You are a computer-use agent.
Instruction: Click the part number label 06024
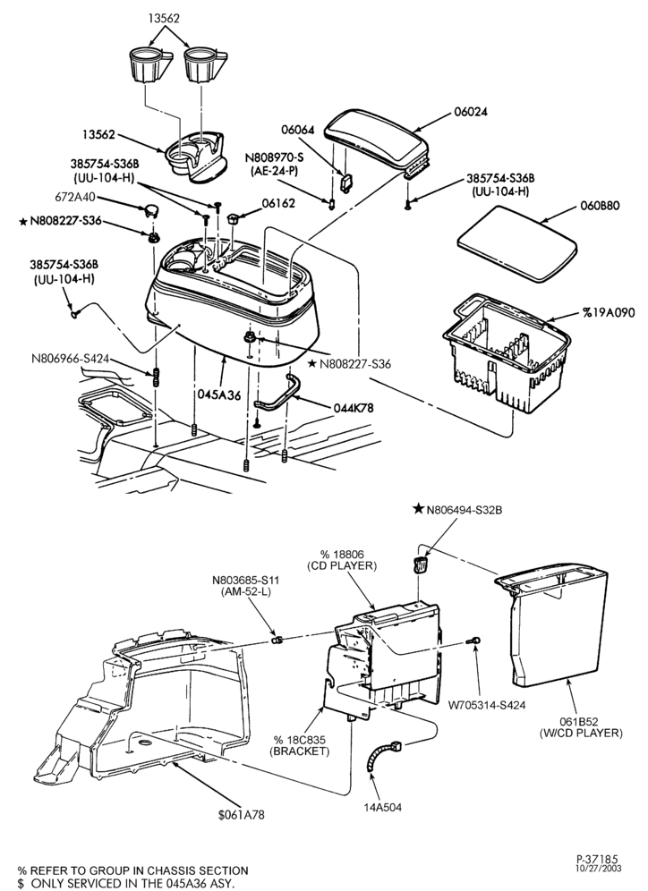(470, 112)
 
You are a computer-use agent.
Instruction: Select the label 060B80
(600, 205)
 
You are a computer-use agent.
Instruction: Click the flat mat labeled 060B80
(517, 242)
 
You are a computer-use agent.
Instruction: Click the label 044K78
(354, 407)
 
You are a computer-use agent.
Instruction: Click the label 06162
(278, 203)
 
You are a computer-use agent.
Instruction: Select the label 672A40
(74, 197)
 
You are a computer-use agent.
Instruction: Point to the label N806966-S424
(69, 358)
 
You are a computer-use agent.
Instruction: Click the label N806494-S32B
(465, 510)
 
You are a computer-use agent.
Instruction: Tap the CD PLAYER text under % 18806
(342, 565)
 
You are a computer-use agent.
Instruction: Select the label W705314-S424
(487, 705)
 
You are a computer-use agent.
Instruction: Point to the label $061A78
(241, 814)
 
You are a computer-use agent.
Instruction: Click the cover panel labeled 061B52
(554, 625)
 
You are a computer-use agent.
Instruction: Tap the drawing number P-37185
(596, 859)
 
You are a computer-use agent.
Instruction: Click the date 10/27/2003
(597, 869)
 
